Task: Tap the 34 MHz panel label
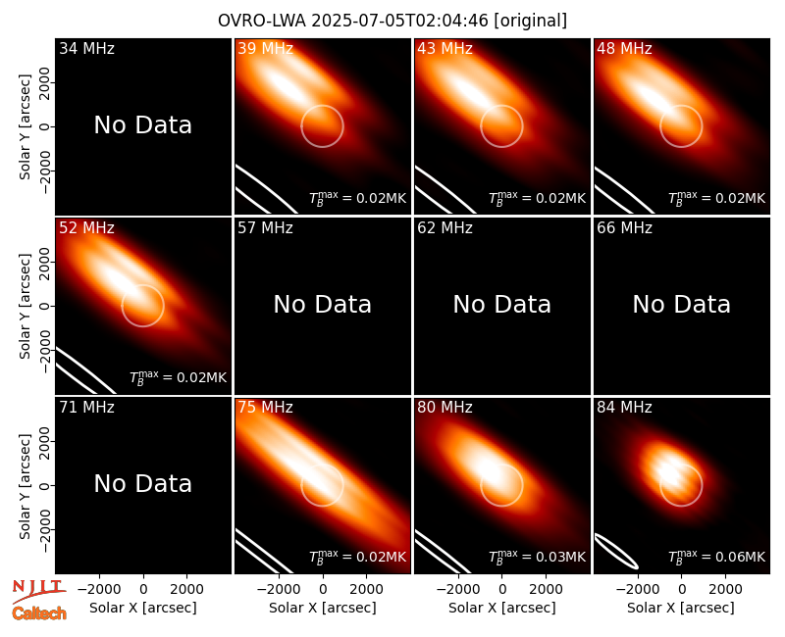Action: [x=86, y=48]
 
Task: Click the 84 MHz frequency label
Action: [x=624, y=408]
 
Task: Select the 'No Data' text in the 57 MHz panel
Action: [x=323, y=304]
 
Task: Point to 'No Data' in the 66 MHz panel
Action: [x=681, y=304]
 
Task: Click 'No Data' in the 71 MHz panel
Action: [x=142, y=483]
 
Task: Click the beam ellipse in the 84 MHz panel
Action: [x=616, y=551]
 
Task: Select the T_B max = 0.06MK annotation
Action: [x=716, y=557]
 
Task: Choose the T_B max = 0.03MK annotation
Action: [x=537, y=557]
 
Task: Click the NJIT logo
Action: [x=38, y=590]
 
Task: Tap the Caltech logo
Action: [x=39, y=613]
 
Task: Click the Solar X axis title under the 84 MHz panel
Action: [x=681, y=608]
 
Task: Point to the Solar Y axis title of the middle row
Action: [x=25, y=306]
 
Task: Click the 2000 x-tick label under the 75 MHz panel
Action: [x=366, y=590]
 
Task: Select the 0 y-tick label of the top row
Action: [x=44, y=126]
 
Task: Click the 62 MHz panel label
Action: [x=445, y=228]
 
